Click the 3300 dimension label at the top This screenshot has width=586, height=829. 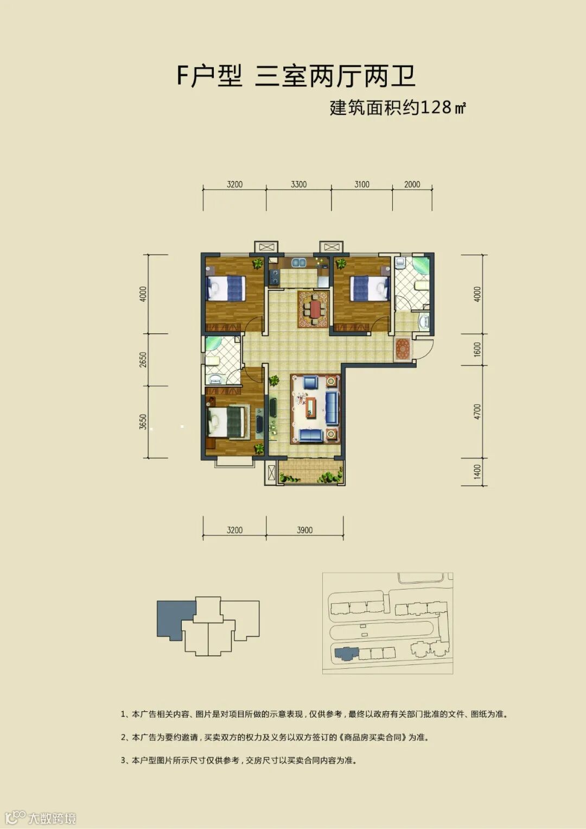point(298,184)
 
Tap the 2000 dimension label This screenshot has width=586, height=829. point(412,184)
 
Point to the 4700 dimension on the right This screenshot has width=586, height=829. point(477,412)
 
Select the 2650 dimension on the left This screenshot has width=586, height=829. point(143,359)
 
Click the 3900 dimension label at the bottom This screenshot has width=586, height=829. point(304,530)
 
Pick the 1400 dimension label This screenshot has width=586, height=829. point(477,472)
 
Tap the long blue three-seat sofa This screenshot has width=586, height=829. point(332,408)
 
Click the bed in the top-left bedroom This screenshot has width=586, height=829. point(226,288)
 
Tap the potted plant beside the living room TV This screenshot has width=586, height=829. point(274,380)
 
